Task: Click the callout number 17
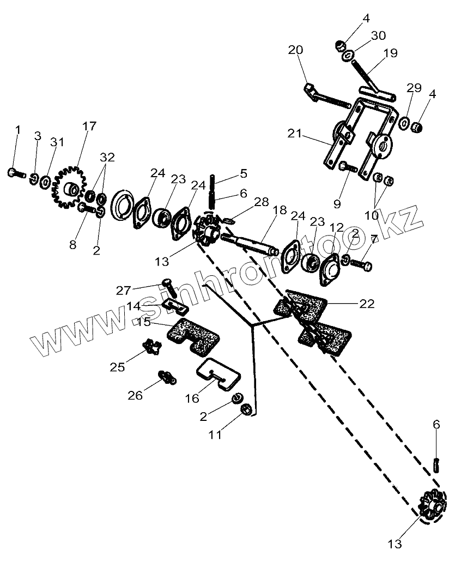(88, 126)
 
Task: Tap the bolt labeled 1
(15, 173)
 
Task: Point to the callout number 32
(107, 158)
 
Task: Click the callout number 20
(295, 51)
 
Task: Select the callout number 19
(390, 53)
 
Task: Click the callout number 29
(414, 88)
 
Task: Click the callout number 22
(367, 304)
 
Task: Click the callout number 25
(117, 367)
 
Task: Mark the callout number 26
(135, 395)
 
